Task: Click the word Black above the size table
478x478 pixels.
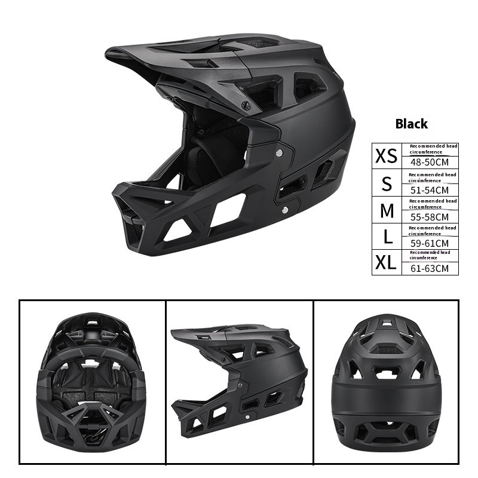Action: [411, 124]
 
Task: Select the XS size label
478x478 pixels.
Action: [386, 156]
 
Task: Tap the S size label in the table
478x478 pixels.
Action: [387, 183]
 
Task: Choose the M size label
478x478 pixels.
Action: [387, 210]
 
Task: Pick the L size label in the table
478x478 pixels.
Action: [388, 237]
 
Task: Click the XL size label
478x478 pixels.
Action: [385, 262]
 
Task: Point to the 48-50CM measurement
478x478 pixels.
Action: [430, 162]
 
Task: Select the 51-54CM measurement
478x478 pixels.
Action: [430, 190]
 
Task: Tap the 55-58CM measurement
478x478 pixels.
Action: [430, 217]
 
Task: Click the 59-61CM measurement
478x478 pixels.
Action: [430, 243]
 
